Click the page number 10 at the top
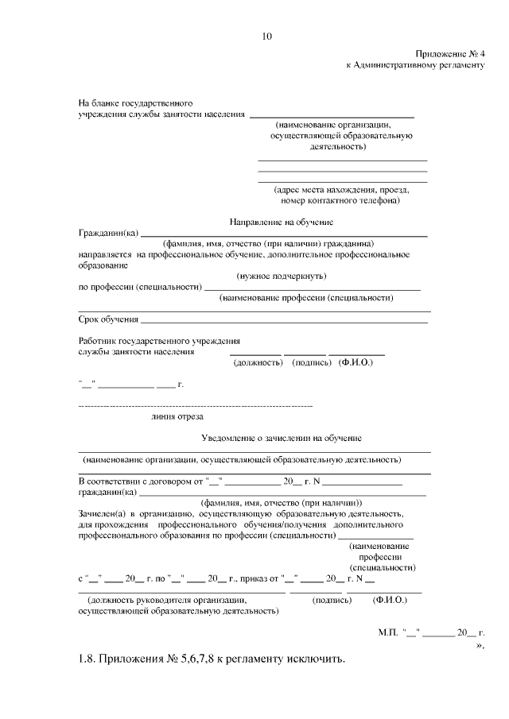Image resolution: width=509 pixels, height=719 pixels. [x=267, y=36]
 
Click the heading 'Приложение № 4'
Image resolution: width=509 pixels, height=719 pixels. [x=449, y=52]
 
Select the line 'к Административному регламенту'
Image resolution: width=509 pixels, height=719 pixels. [x=414, y=64]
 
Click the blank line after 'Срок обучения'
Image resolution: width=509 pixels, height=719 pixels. [x=284, y=322]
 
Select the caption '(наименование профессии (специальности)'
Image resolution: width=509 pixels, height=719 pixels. [x=307, y=298]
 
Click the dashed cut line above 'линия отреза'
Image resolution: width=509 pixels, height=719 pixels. [x=195, y=406]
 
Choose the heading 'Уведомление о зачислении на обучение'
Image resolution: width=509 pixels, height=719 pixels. [x=282, y=438]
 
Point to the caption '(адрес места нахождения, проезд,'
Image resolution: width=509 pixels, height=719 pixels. [x=341, y=190]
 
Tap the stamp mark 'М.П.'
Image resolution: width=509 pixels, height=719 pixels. [x=388, y=632]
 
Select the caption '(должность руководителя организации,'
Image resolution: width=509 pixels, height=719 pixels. [x=167, y=601]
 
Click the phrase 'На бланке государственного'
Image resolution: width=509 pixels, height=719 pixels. [x=135, y=103]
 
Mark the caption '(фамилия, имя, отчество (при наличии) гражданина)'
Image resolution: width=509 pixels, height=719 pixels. [x=268, y=243]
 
